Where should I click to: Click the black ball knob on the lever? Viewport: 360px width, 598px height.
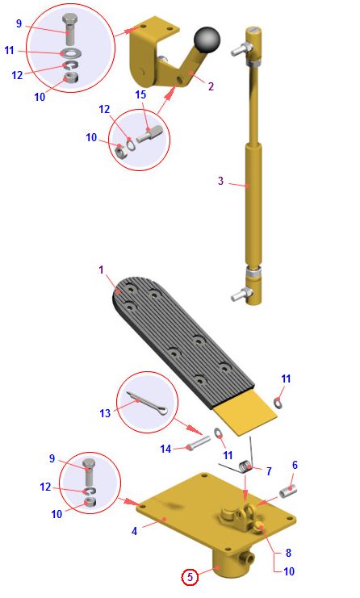207,40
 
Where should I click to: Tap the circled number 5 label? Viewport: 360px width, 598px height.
190,577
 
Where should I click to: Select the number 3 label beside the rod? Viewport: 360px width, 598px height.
221,181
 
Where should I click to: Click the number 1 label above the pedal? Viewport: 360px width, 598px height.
101,270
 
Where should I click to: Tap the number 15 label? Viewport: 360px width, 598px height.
140,94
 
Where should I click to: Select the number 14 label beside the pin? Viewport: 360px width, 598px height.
165,449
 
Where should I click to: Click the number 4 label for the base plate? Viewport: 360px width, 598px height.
134,531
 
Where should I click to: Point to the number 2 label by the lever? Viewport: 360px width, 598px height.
211,86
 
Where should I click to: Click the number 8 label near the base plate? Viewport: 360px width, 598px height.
288,553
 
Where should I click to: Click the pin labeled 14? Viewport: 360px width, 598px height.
199,443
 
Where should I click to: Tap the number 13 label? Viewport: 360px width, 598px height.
105,413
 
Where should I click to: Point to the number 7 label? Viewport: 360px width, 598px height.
269,471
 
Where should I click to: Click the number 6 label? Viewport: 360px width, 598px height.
295,465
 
